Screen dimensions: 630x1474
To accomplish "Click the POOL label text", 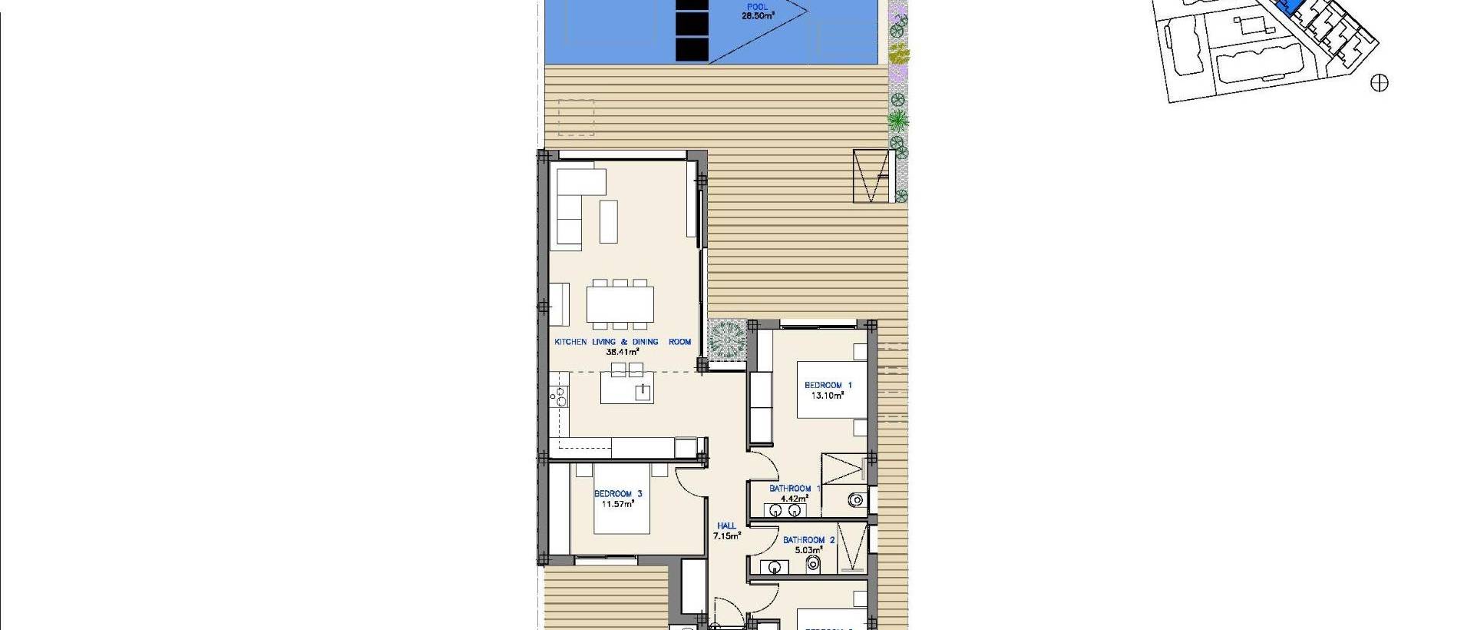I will [x=756, y=7].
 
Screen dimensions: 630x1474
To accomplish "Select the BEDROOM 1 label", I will [x=828, y=385].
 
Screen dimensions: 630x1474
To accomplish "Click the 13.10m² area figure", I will [x=828, y=396].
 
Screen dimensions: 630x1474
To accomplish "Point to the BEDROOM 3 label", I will [x=618, y=494].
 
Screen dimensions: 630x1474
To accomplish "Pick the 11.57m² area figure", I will [x=618, y=504].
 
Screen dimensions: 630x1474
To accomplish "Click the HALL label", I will [x=725, y=526].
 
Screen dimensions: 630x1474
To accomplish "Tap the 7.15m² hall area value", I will [x=726, y=536].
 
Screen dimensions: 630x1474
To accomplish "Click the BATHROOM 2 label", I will [x=804, y=540].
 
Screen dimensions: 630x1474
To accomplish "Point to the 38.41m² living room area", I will [x=623, y=352].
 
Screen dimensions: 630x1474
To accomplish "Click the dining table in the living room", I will [x=620, y=303].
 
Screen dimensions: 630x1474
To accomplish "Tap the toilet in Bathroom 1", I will [x=856, y=500].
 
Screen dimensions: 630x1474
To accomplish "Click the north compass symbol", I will [x=1379, y=83].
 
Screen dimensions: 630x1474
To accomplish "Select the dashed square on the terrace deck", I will [x=577, y=118].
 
